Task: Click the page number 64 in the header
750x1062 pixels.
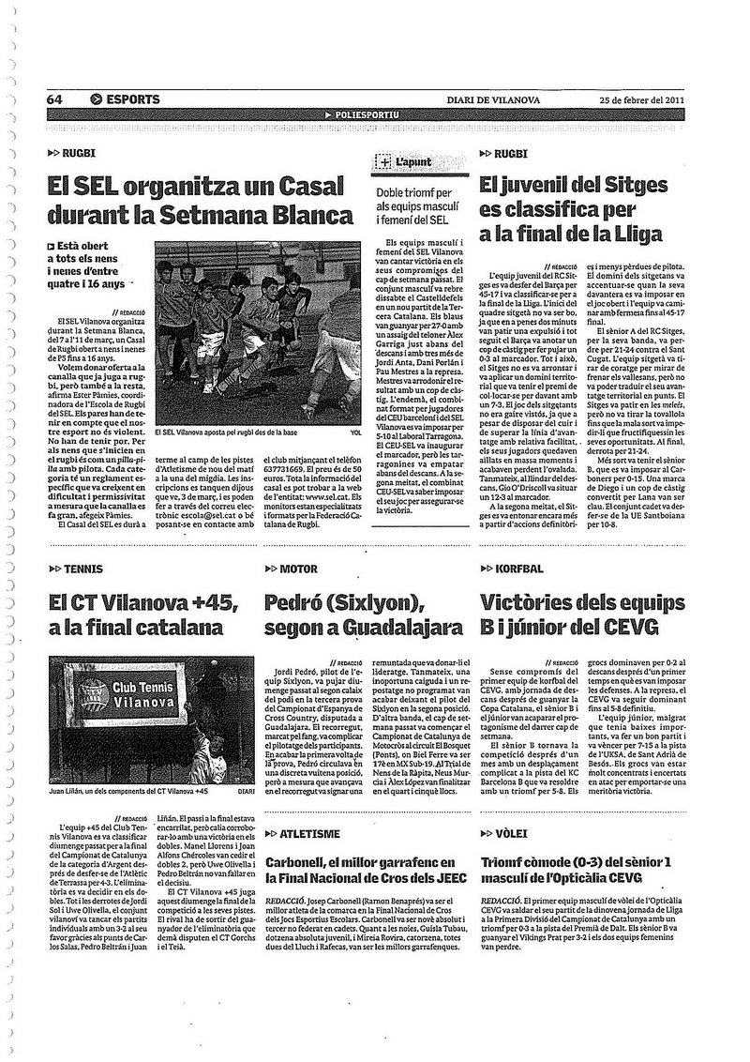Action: [x=54, y=99]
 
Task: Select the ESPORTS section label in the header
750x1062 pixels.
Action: [x=130, y=99]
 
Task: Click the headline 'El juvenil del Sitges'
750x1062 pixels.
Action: [x=573, y=184]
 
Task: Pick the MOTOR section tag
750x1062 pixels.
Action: [x=299, y=569]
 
